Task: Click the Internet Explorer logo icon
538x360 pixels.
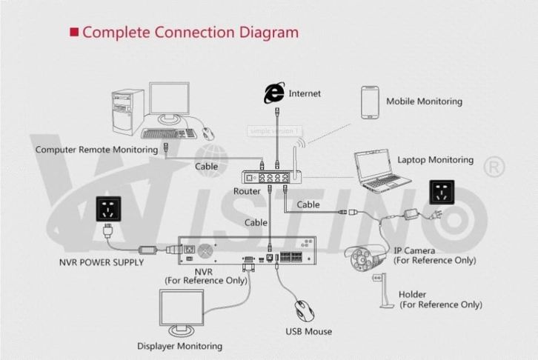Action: point(274,93)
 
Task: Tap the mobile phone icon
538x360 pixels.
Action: point(370,102)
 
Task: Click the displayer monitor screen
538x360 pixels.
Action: point(182,309)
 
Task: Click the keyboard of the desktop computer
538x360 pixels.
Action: point(169,134)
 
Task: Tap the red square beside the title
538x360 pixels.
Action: point(73,32)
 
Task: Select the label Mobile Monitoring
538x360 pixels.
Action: point(424,101)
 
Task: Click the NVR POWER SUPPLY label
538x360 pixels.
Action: point(102,262)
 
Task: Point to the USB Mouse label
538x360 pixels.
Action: point(308,331)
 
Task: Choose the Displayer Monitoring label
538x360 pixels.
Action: point(179,346)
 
